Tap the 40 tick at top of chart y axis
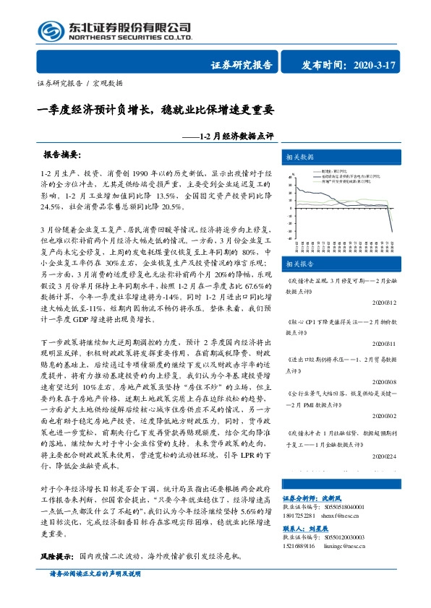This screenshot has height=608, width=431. (x=290, y=175)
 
